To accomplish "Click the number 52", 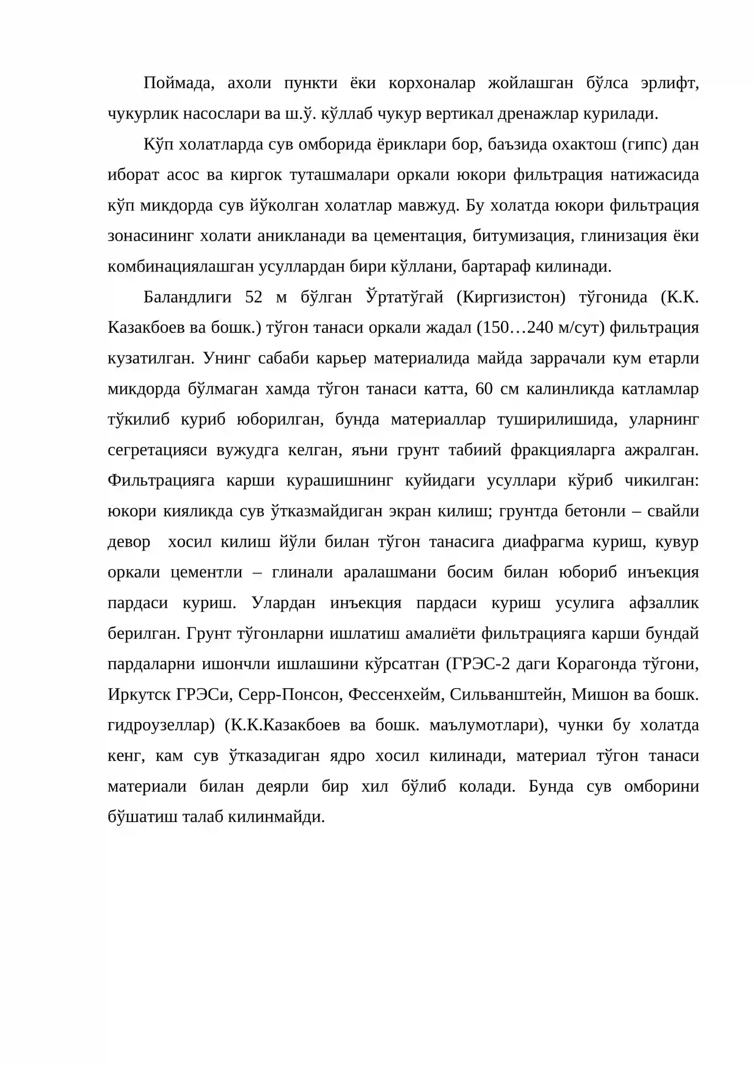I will pos(254,297).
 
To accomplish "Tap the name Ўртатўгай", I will pos(404,297).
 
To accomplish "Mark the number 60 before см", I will pos(484,389).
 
